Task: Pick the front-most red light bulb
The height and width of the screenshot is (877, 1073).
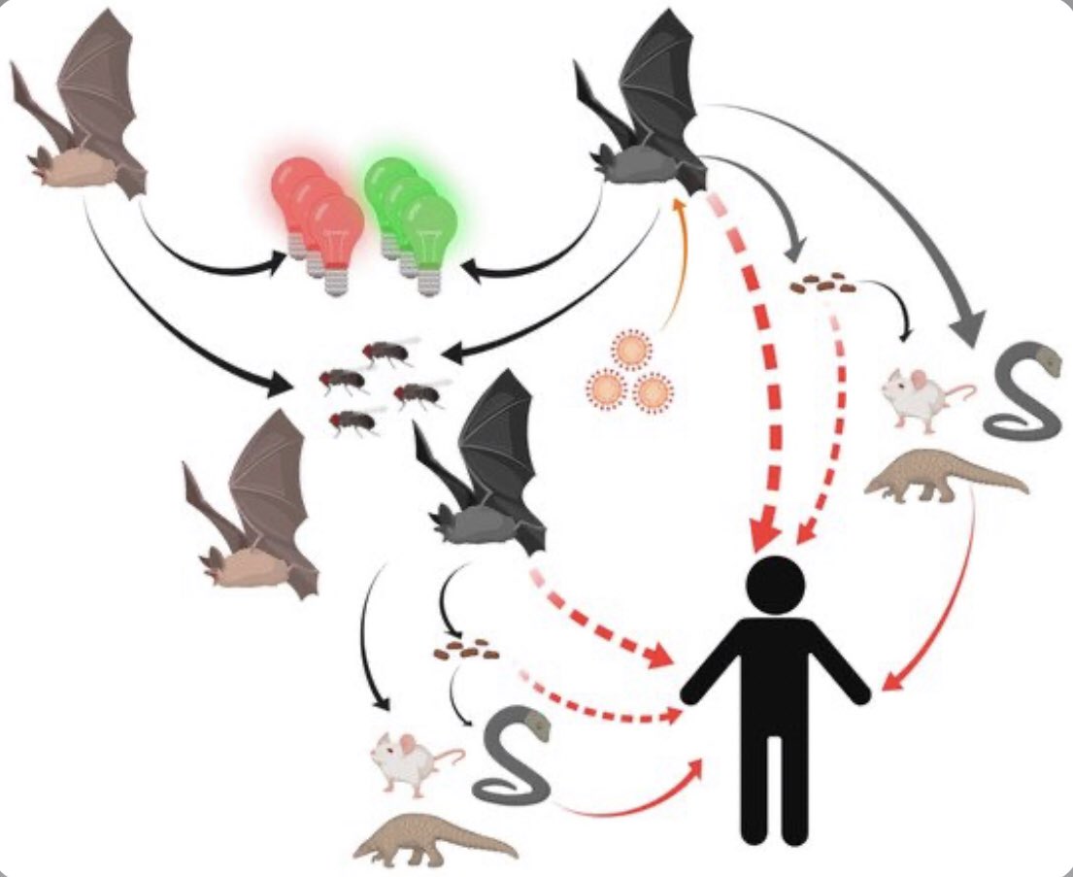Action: coord(335,233)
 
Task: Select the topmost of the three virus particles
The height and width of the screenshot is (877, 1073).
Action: coord(631,350)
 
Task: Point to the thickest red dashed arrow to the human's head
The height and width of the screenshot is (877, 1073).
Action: coord(748,369)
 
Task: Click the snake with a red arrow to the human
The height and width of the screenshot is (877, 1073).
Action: coord(510,758)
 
